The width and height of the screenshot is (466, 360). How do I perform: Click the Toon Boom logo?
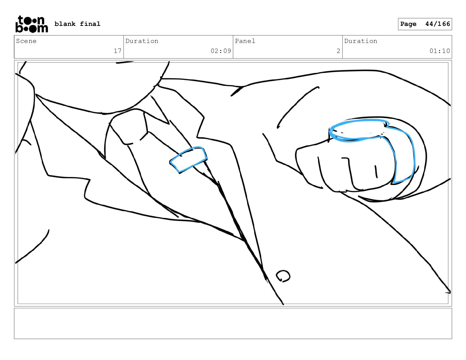(32, 24)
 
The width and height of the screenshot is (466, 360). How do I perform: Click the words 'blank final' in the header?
(77, 24)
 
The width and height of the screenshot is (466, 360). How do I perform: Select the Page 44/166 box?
(425, 24)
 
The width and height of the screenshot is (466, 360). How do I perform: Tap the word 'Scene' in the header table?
(26, 41)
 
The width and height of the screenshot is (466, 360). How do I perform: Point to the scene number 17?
(117, 51)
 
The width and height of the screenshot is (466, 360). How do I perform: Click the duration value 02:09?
(221, 51)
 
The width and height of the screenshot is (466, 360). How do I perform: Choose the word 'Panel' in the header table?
(245, 41)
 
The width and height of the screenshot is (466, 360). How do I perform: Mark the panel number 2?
(338, 51)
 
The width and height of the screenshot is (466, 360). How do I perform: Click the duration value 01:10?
(440, 51)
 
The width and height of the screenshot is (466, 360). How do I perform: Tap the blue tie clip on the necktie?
(188, 159)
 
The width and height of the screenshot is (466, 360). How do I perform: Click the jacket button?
(283, 276)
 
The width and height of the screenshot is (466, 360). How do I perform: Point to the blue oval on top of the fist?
(359, 130)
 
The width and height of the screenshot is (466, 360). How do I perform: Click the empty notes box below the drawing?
(233, 324)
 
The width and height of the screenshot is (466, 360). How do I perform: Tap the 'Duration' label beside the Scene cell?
(142, 41)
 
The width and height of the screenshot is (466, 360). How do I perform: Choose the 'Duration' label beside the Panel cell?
(360, 41)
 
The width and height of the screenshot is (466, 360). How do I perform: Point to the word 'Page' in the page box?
(408, 24)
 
